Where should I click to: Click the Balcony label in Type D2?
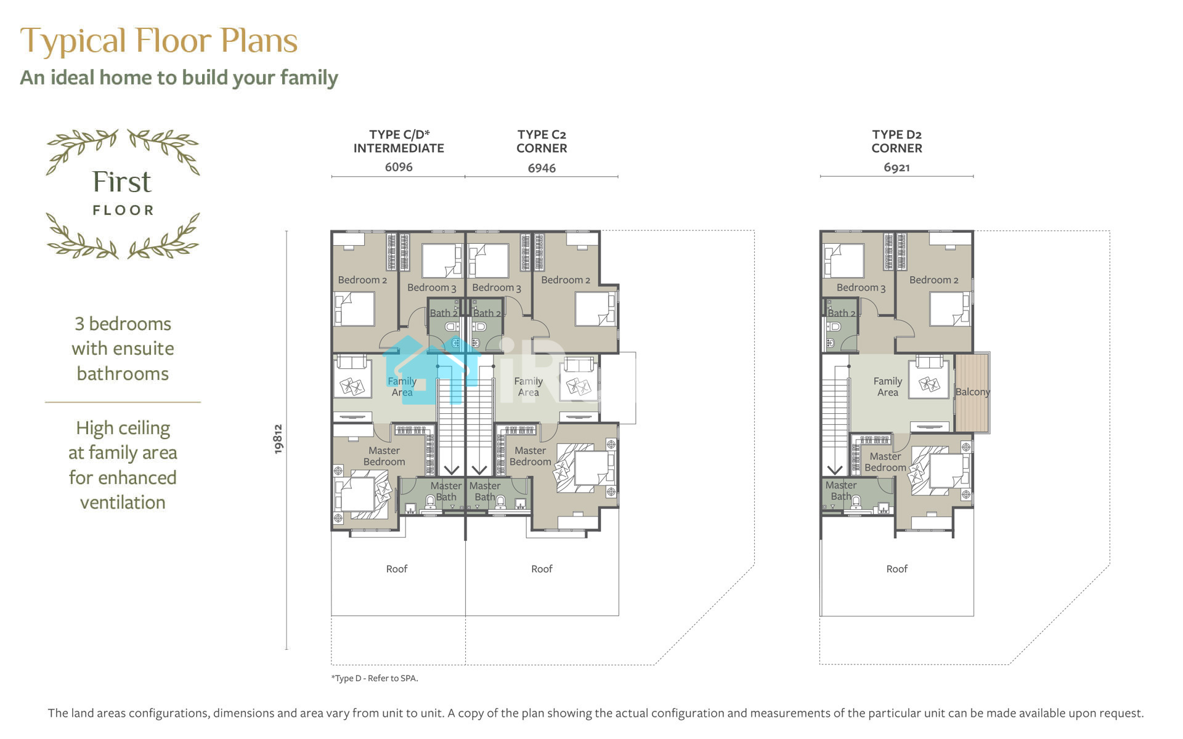pos(972,392)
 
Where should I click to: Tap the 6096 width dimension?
pos(399,167)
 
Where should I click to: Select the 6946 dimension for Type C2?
pos(542,168)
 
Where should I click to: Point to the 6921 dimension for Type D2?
pos(896,168)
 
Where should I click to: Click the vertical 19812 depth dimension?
pos(278,439)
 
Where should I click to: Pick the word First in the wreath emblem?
pos(122,182)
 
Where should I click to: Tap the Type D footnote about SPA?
pos(375,678)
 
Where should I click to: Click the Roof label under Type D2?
pos(896,569)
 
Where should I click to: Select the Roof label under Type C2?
pos(542,569)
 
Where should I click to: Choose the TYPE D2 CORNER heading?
pos(896,141)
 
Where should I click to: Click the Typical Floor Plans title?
pos(159,41)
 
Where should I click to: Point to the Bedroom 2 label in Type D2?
pos(933,280)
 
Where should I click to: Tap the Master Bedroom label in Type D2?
pos(885,462)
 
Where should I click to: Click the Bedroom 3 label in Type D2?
pos(861,288)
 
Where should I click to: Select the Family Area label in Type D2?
pos(888,387)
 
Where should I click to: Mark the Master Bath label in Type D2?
pos(841,491)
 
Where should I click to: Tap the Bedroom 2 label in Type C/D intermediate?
pos(362,280)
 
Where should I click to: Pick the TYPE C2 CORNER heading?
pos(542,141)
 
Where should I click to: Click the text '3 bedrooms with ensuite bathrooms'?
pos(123,349)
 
